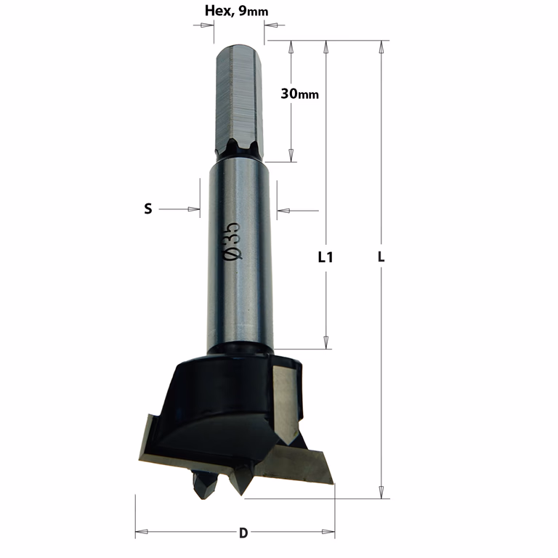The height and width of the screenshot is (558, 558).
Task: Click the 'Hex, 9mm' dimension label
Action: click(x=236, y=11)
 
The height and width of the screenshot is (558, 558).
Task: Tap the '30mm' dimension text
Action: click(x=299, y=94)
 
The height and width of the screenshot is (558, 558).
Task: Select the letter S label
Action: click(x=148, y=209)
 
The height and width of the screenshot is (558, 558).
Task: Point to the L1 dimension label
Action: click(x=325, y=257)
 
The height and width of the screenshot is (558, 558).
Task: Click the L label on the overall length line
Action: click(x=381, y=256)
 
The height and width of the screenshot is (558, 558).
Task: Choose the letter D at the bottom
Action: click(x=243, y=533)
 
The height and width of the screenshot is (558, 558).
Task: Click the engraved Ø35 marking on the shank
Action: click(x=232, y=241)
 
